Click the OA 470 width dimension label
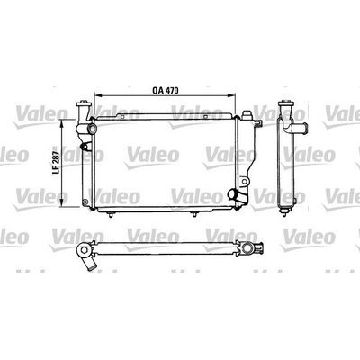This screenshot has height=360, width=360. pos(166,90)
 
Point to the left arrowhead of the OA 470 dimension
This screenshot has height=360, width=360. pos(97,95)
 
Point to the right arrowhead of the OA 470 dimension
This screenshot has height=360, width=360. pos(232,95)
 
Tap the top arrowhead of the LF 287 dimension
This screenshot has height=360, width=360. pos(62,122)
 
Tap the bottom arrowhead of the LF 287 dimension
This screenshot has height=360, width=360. pos(62,203)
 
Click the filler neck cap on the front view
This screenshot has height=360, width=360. pos(83,104)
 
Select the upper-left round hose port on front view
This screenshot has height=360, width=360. pos(92,130)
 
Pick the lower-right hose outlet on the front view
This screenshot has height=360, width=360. pos(233,194)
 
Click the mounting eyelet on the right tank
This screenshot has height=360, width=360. pos(245,181)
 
